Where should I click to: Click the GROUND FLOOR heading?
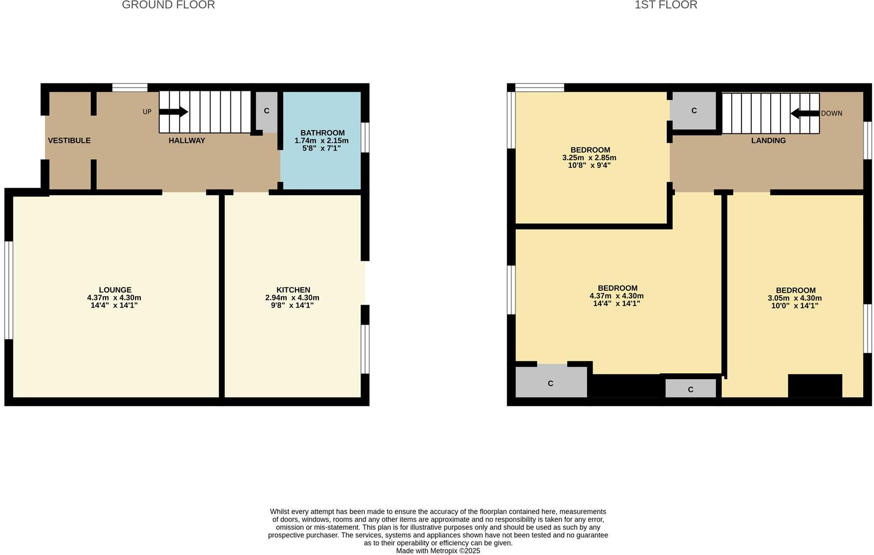coord(168,5)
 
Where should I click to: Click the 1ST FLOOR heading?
coord(666,5)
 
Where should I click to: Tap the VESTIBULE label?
coord(69,140)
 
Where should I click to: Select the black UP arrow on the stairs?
coord(173,112)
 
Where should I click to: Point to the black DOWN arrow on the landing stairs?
coord(805,113)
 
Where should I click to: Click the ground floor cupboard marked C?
coord(266,111)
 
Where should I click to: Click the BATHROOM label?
coord(322,133)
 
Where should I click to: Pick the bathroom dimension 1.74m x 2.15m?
coord(321,140)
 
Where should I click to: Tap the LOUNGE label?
coord(115,290)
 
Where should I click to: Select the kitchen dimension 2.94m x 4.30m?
coord(292,297)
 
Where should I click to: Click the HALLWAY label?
coord(187,140)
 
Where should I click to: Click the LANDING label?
coord(768,140)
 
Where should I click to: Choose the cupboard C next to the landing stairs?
coord(694,111)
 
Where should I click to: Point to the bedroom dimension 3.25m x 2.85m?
coord(589,158)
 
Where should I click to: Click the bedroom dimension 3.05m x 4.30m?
coord(795,298)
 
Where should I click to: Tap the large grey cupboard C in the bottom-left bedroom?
coord(551,383)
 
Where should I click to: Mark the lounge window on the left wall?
coord(9,290)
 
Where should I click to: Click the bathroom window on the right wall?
coord(365,138)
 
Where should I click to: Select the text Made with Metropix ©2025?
coord(438,551)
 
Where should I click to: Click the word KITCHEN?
coord(293,290)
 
